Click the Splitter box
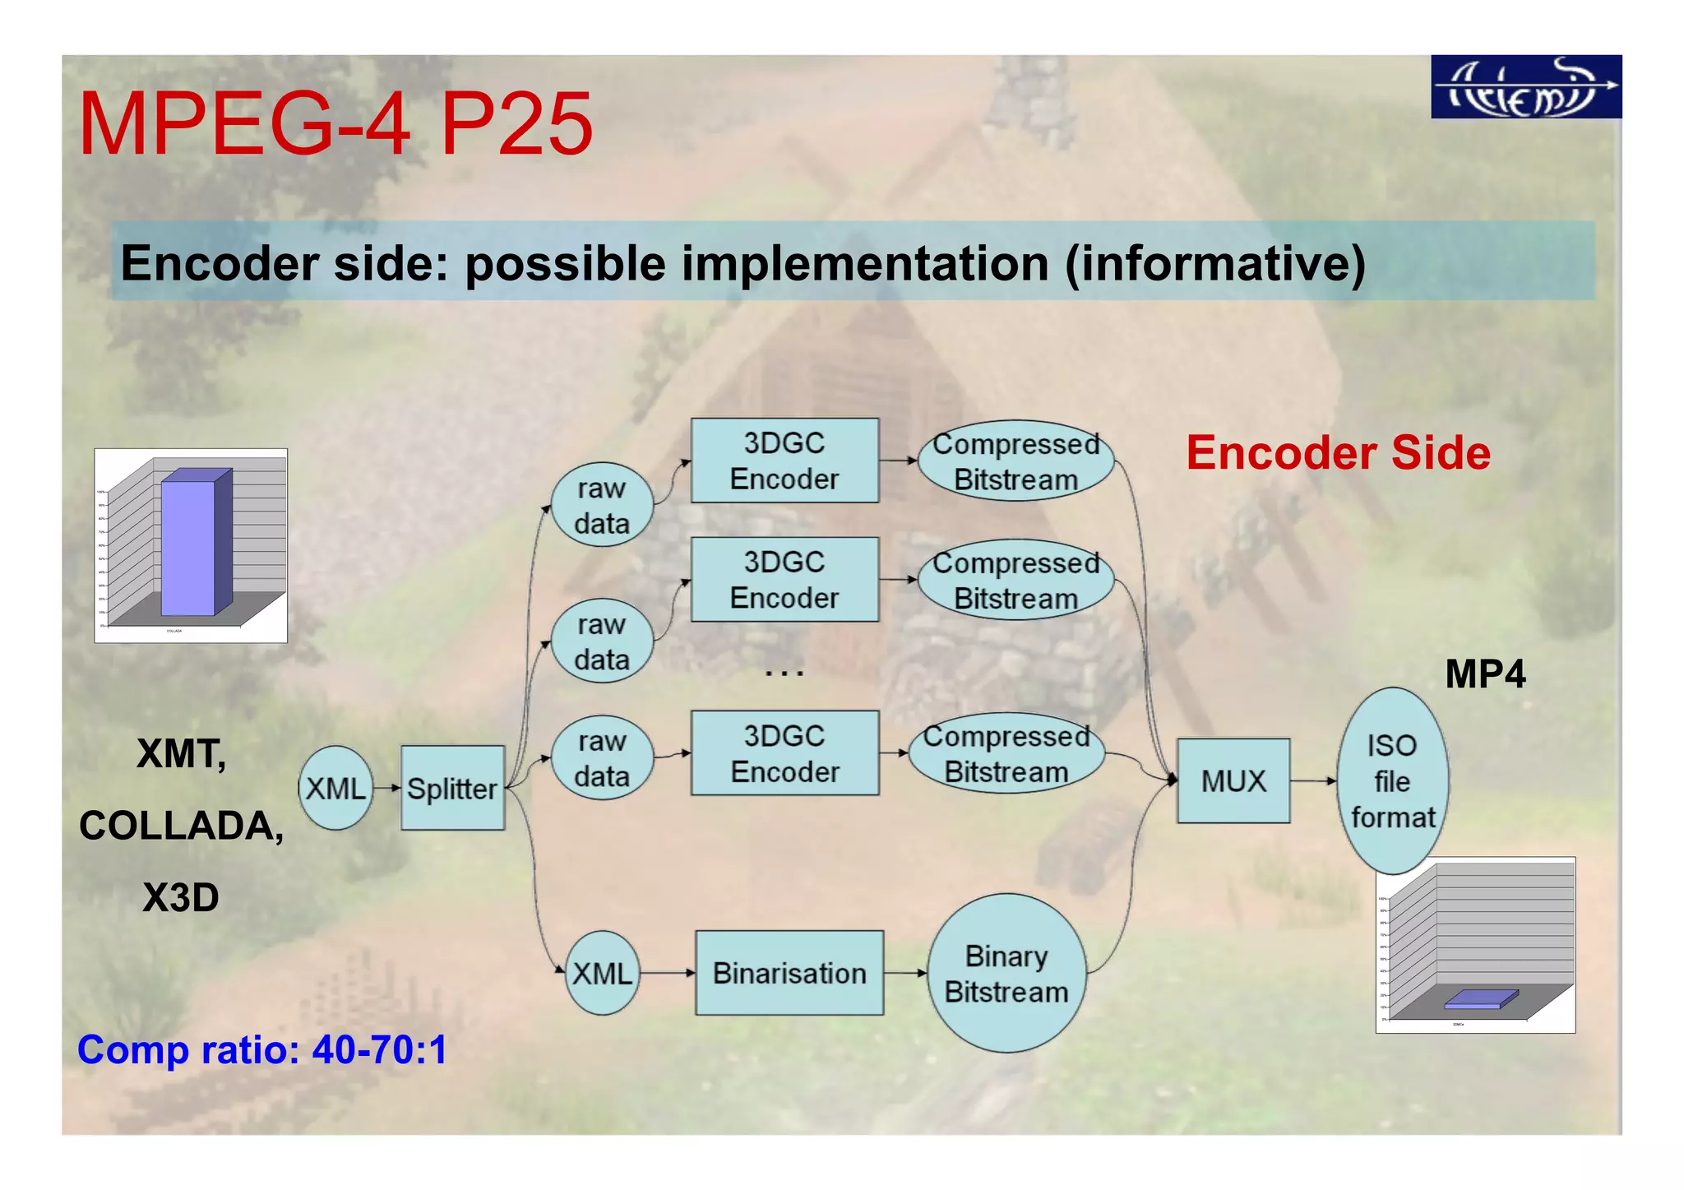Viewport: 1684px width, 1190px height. (x=452, y=788)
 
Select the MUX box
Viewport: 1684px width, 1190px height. (x=1233, y=780)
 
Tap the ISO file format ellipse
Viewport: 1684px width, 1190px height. (x=1392, y=780)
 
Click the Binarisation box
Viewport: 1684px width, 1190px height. (x=789, y=973)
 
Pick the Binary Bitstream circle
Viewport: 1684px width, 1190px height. (x=1006, y=974)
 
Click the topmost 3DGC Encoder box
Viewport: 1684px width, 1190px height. (x=784, y=461)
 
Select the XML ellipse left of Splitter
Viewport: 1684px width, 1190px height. (x=335, y=788)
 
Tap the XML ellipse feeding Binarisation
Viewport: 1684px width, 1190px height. (x=602, y=973)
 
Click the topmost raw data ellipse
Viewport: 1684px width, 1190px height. (x=602, y=505)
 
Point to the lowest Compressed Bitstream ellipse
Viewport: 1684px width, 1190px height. (x=1006, y=753)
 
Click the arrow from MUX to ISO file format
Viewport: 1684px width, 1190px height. (x=1313, y=780)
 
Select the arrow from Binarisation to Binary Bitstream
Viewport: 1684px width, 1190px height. (x=905, y=973)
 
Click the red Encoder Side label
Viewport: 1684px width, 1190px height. (x=1338, y=453)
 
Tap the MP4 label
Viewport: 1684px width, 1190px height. (x=1485, y=674)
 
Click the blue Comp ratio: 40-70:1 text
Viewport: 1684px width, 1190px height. (x=262, y=1049)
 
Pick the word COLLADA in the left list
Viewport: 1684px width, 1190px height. (x=181, y=825)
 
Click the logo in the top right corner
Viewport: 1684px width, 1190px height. (x=1525, y=87)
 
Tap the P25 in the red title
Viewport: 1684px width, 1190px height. (x=516, y=124)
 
